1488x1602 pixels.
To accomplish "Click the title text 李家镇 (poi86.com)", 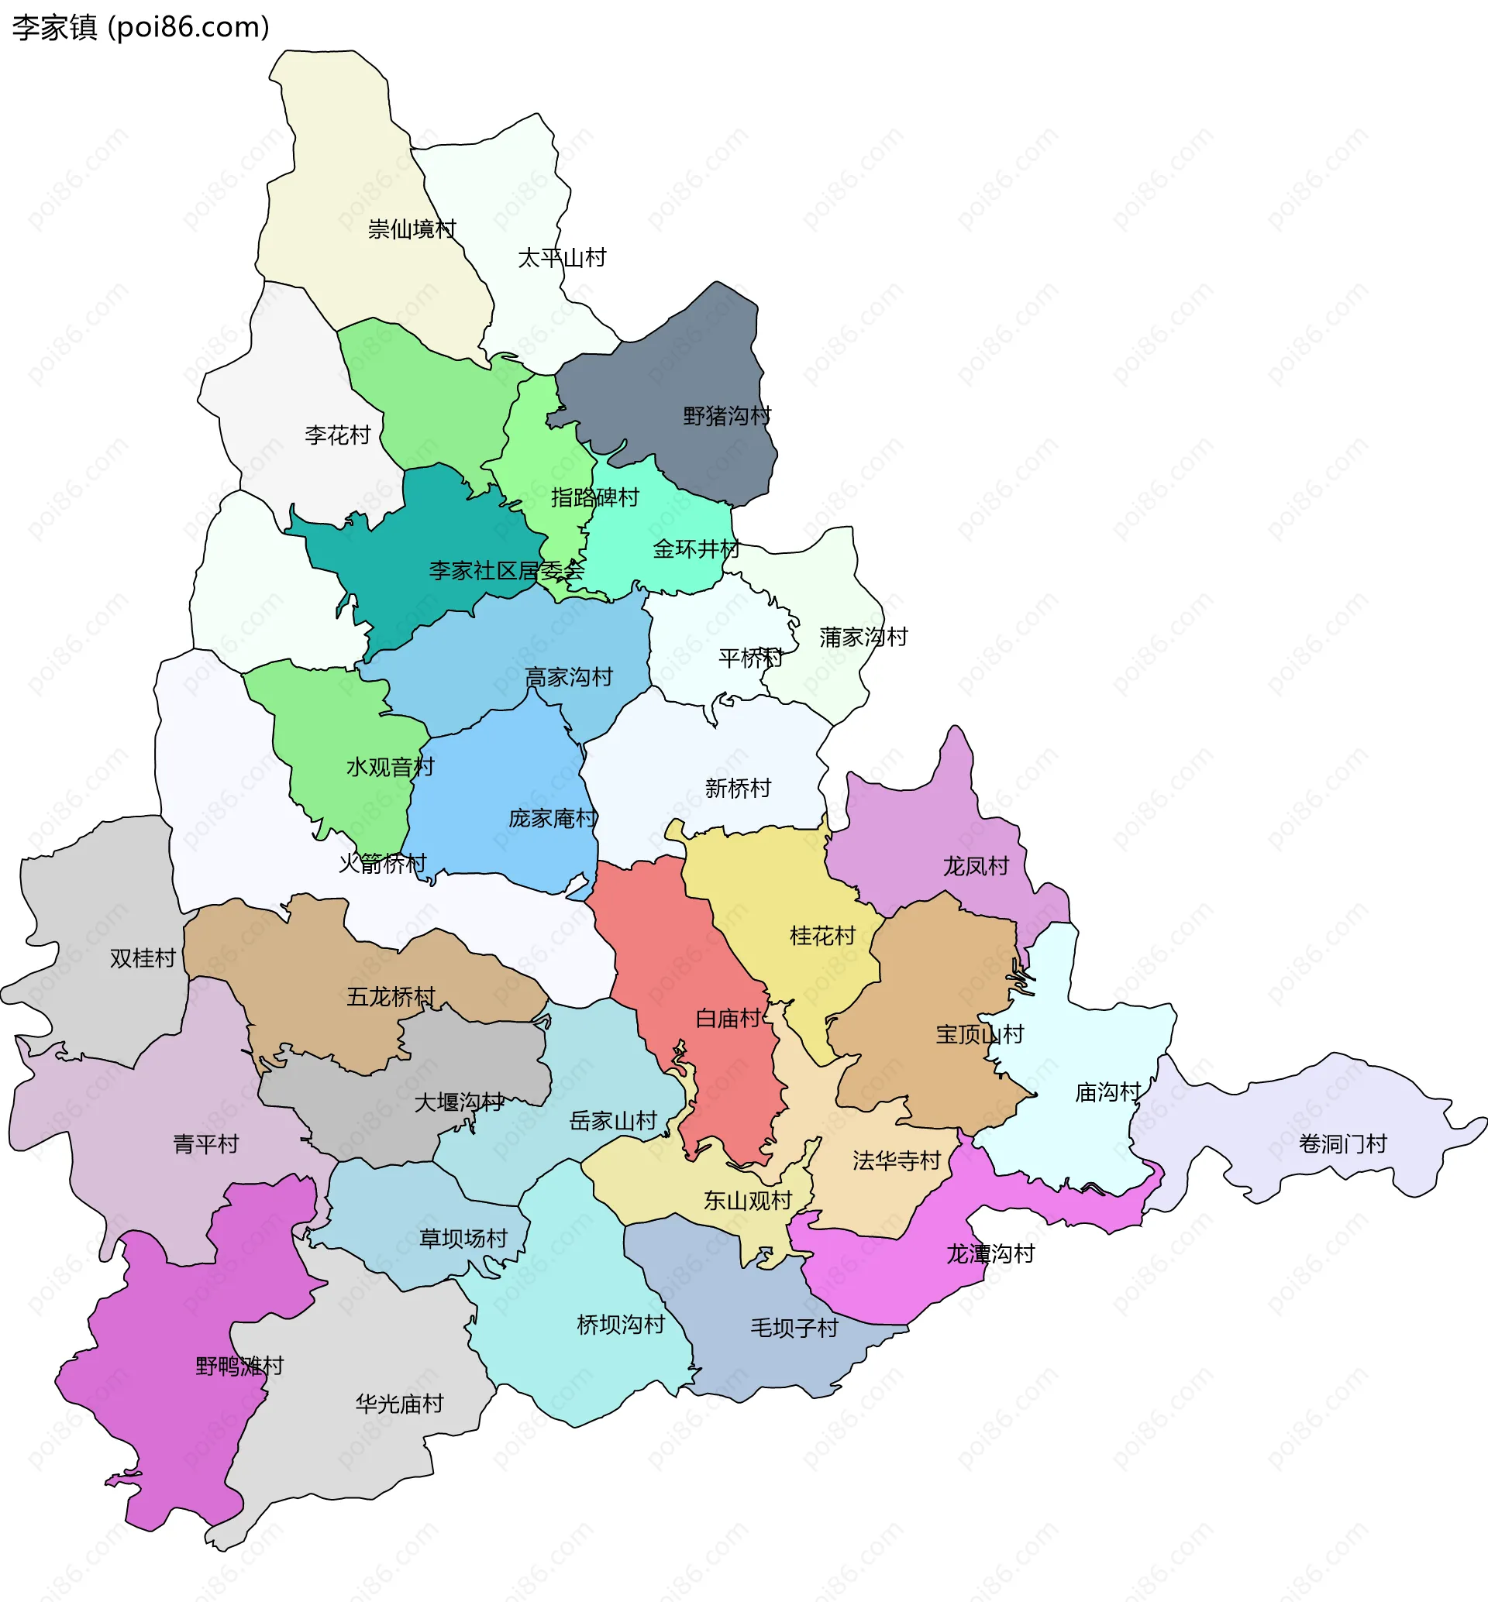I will (141, 27).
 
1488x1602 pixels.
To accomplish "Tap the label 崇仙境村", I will (412, 229).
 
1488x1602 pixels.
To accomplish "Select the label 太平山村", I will (561, 259).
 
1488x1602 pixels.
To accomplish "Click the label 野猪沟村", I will (726, 416).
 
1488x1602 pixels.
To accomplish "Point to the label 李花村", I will (337, 435).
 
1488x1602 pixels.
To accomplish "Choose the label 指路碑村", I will (594, 497).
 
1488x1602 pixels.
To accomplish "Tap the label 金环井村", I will (696, 549).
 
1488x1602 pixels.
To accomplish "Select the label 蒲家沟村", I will (863, 638).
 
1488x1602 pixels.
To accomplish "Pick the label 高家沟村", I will (569, 677).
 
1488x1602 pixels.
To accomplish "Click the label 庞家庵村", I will (553, 819).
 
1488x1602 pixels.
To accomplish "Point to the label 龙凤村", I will (976, 866).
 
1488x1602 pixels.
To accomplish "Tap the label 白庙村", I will (728, 1019).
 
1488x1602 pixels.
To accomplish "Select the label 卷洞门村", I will (1342, 1144).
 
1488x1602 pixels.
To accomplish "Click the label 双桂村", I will (143, 958).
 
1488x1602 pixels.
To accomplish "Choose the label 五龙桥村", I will (391, 997).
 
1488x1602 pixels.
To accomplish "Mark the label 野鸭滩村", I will (239, 1367).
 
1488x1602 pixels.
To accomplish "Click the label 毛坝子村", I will (794, 1329).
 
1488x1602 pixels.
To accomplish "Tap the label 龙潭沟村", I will (990, 1253).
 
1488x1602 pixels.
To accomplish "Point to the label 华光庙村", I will (399, 1404).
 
